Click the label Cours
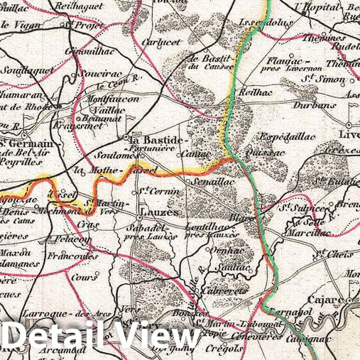(84, 278)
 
